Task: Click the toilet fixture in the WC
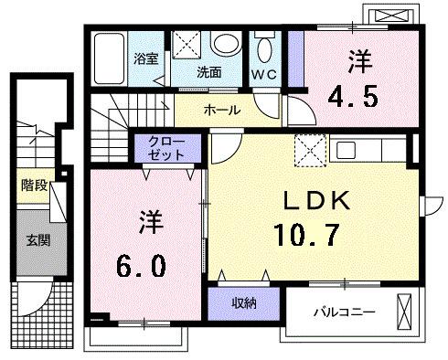(x=265, y=48)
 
